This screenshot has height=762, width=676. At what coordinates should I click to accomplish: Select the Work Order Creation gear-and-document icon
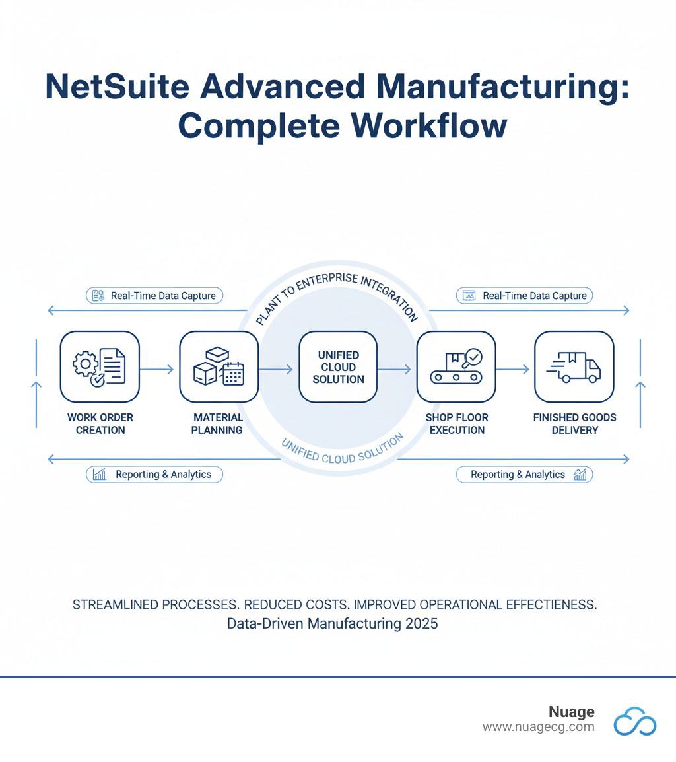click(100, 366)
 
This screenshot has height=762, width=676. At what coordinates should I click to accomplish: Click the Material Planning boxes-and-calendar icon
click(219, 366)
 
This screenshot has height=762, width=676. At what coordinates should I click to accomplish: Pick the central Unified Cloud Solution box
click(338, 367)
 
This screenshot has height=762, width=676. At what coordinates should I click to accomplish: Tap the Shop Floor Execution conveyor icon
click(456, 366)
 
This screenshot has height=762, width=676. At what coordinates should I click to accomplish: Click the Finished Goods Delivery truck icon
click(574, 366)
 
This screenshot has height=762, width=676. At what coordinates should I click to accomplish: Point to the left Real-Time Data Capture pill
click(154, 295)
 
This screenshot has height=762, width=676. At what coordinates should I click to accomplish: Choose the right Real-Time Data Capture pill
click(525, 295)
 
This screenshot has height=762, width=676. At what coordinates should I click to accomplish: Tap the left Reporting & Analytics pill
click(154, 474)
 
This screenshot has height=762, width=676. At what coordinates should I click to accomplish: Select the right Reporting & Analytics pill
click(525, 474)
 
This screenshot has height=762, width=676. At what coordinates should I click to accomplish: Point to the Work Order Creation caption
click(100, 423)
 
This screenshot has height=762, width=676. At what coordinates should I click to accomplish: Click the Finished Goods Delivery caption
click(574, 423)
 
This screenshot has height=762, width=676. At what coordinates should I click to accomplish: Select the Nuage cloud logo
click(634, 720)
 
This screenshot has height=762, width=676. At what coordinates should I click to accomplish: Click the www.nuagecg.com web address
click(538, 726)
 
